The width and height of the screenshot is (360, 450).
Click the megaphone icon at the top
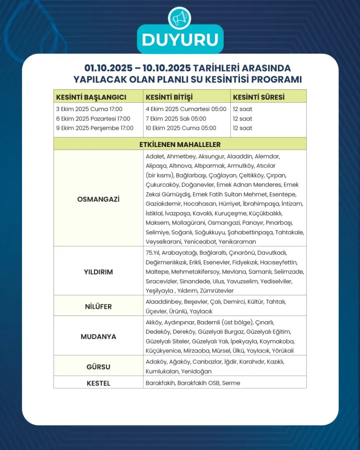click(x=180, y=18)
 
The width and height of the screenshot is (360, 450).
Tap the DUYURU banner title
click(x=180, y=39)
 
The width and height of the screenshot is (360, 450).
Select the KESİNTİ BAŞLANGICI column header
click(x=91, y=97)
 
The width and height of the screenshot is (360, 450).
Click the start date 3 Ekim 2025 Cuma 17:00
click(x=89, y=109)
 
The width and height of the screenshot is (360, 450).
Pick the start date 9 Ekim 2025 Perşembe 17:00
click(x=95, y=128)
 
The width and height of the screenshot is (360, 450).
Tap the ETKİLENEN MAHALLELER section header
click(x=180, y=144)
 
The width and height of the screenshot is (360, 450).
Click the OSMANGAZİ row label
click(x=98, y=199)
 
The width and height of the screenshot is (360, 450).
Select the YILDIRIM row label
click(x=98, y=272)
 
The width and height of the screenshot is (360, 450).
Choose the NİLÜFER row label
click(x=98, y=306)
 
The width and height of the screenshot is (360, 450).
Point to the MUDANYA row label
click(x=98, y=337)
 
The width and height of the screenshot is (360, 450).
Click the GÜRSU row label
click(x=98, y=367)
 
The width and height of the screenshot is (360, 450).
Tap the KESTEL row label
click(x=98, y=383)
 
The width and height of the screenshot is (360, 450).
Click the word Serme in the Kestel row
click(x=231, y=383)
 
